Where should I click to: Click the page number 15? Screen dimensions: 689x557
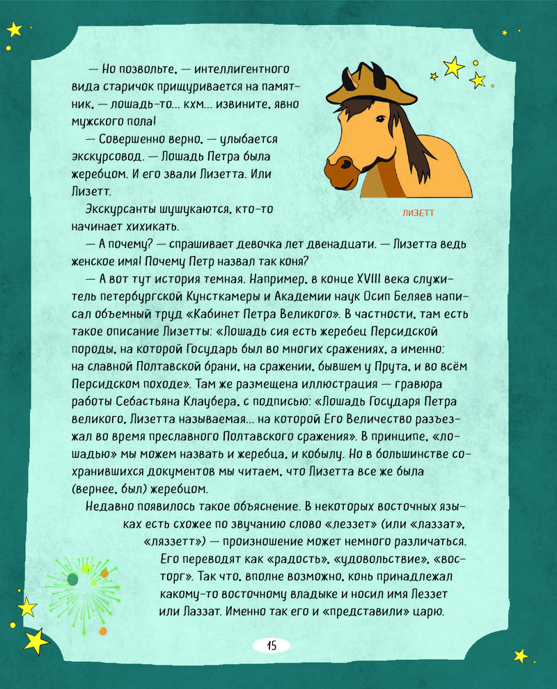[x=271, y=645]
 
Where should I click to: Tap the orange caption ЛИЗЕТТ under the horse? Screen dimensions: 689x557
[x=418, y=213]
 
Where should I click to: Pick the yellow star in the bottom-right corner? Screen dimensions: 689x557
[x=520, y=655]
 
